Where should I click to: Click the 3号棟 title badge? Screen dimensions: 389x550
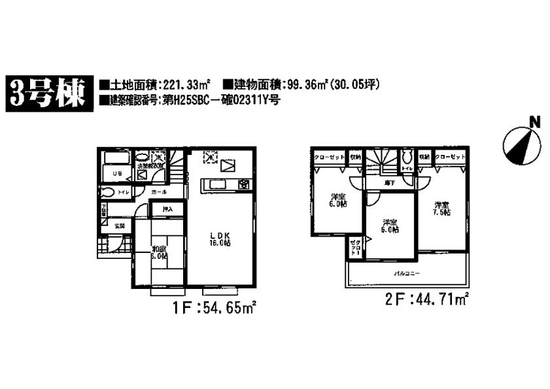point(47,92)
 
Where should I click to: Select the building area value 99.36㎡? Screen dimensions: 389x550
point(302,84)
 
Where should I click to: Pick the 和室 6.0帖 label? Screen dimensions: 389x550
point(160,252)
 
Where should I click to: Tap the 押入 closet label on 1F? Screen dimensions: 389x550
point(167,210)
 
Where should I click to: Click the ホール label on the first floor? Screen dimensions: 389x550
point(159,193)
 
